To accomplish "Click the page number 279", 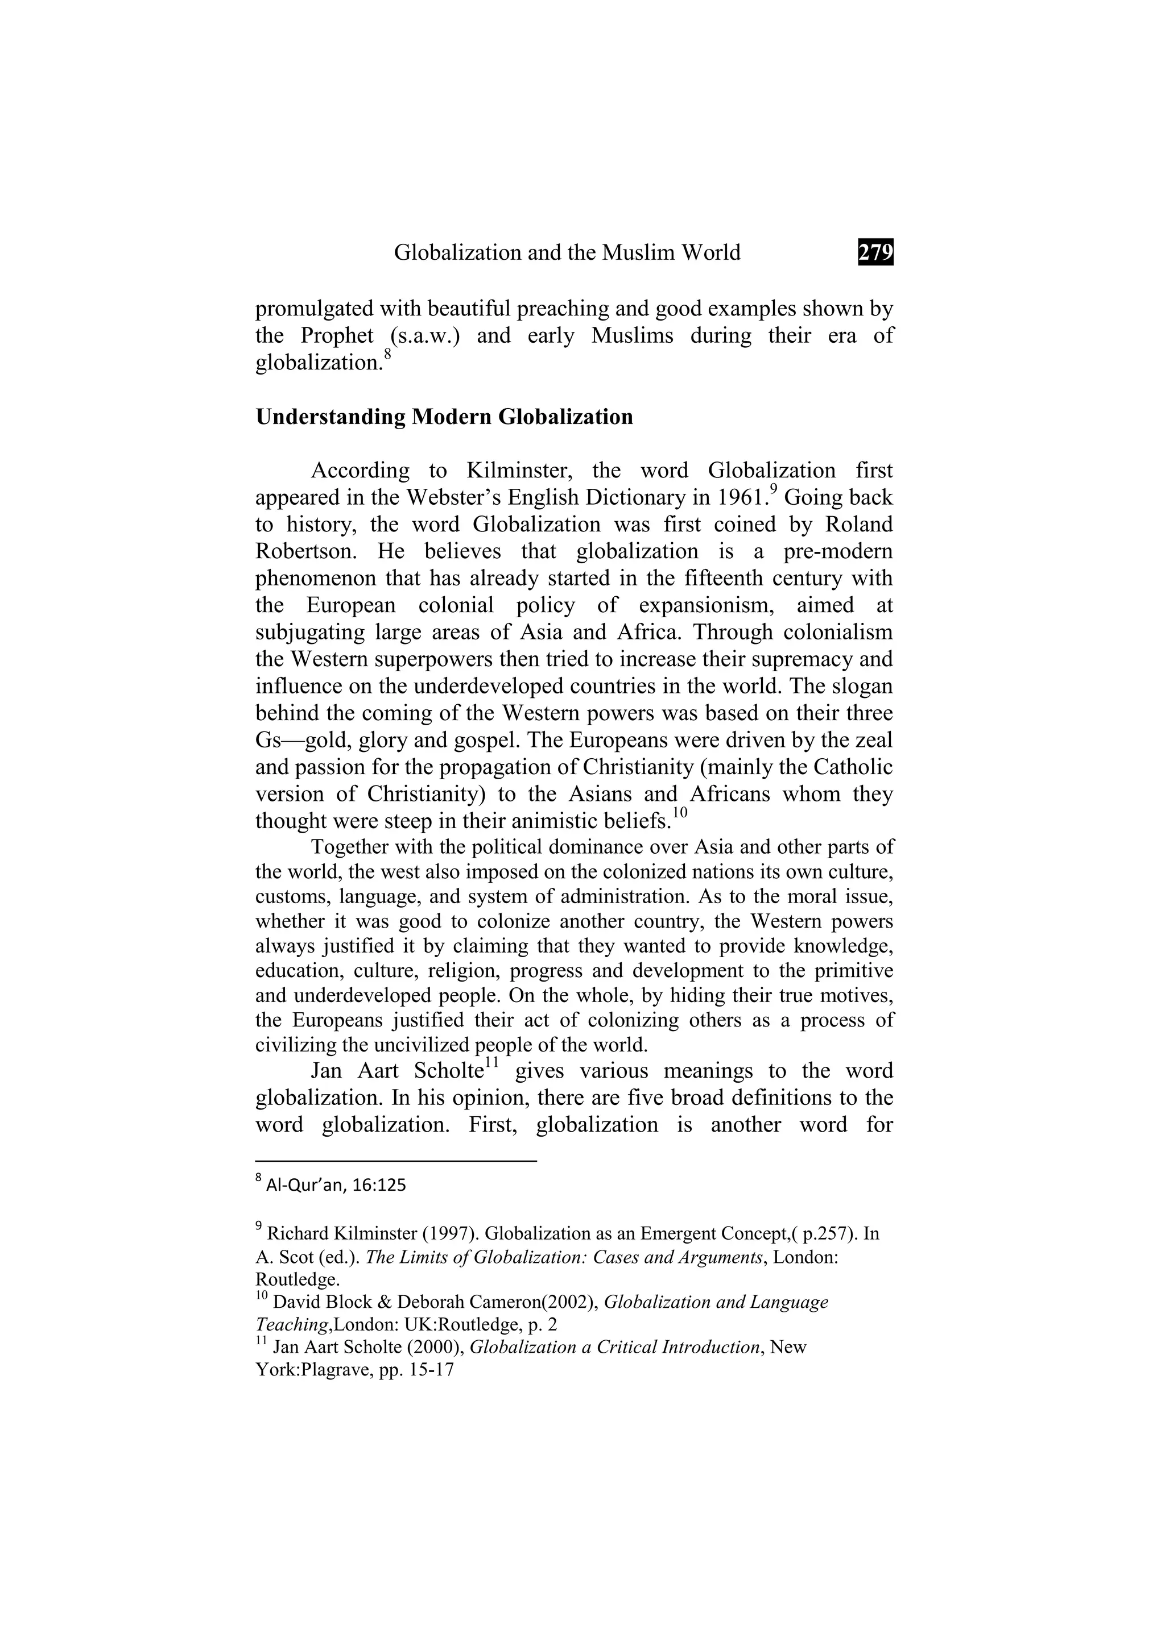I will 875,252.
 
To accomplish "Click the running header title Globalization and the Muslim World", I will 567,252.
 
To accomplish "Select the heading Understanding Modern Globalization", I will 444,417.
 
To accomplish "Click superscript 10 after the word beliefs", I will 680,812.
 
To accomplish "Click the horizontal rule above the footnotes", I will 396,1161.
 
